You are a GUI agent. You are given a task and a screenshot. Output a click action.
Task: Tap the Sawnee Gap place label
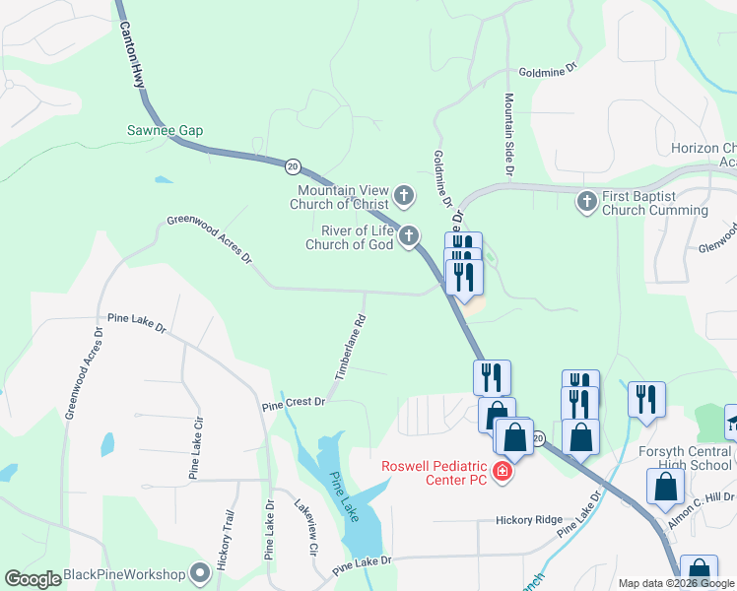click(165, 130)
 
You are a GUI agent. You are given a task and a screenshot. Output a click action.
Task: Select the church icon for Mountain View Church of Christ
click(404, 194)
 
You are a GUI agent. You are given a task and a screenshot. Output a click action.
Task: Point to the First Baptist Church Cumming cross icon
click(586, 202)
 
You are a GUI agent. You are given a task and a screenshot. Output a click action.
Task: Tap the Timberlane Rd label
click(350, 348)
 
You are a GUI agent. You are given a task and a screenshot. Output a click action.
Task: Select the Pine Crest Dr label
click(294, 404)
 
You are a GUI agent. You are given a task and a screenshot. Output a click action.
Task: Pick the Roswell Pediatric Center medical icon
click(502, 473)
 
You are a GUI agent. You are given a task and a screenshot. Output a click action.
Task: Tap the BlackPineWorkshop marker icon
click(201, 572)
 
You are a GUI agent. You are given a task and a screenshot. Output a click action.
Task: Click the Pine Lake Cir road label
click(195, 448)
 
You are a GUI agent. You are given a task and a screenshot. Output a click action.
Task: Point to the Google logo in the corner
click(33, 579)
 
